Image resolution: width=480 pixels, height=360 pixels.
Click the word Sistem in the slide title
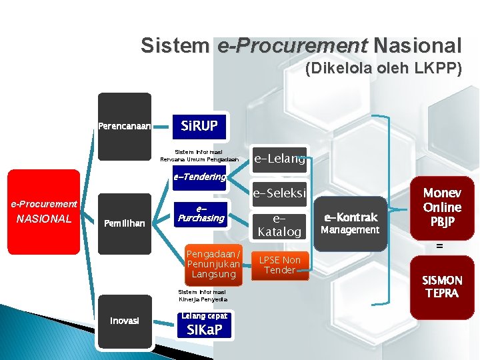pos(175,45)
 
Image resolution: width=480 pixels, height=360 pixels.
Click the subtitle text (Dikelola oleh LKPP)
pos(383,68)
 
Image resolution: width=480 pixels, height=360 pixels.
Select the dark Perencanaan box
pos(124,126)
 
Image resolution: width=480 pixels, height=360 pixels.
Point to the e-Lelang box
pos(279,159)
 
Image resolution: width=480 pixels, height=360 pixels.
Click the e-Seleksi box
pos(279,193)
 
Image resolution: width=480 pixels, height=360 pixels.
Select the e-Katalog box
pos(279,225)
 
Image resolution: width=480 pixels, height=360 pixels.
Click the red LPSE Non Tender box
pos(280,265)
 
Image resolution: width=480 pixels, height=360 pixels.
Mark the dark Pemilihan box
pos(124,223)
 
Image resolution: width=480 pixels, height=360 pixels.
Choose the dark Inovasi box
pos(124,321)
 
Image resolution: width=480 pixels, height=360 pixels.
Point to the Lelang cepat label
pos(205,315)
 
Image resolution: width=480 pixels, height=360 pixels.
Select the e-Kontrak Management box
pos(350,223)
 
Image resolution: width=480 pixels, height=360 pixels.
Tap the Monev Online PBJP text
pos(441,207)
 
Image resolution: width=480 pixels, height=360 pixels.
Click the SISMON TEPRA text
pos(441,287)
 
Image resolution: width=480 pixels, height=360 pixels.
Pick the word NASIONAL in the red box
pos(43,217)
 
